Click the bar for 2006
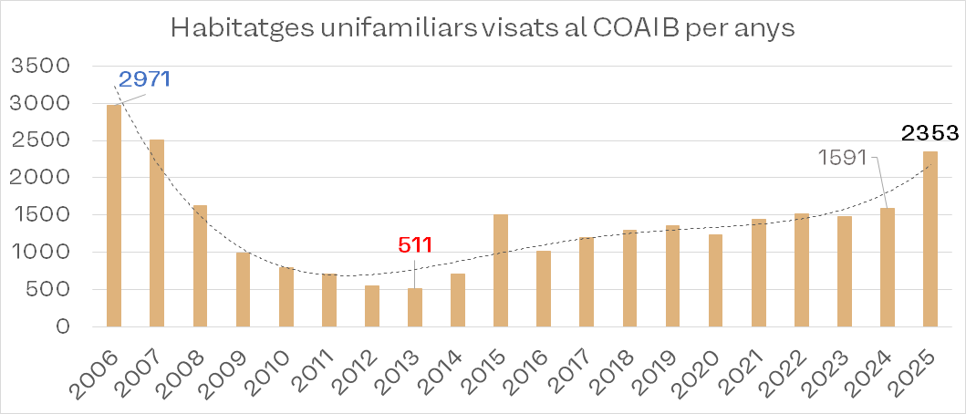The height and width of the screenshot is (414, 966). [114, 215]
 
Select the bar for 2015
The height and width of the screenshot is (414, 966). [501, 270]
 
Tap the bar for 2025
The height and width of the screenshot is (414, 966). [930, 238]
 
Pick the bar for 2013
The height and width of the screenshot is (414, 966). [415, 307]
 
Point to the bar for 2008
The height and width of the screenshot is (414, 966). [200, 265]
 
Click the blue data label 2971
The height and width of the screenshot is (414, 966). [145, 79]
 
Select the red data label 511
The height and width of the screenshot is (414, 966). [414, 244]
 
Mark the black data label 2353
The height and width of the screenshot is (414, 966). [930, 133]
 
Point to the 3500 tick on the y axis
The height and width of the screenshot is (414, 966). [37, 66]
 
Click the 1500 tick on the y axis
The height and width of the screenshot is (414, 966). [37, 215]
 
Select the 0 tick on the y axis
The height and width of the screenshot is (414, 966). [63, 326]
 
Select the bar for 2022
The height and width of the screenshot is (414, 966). [802, 269]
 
